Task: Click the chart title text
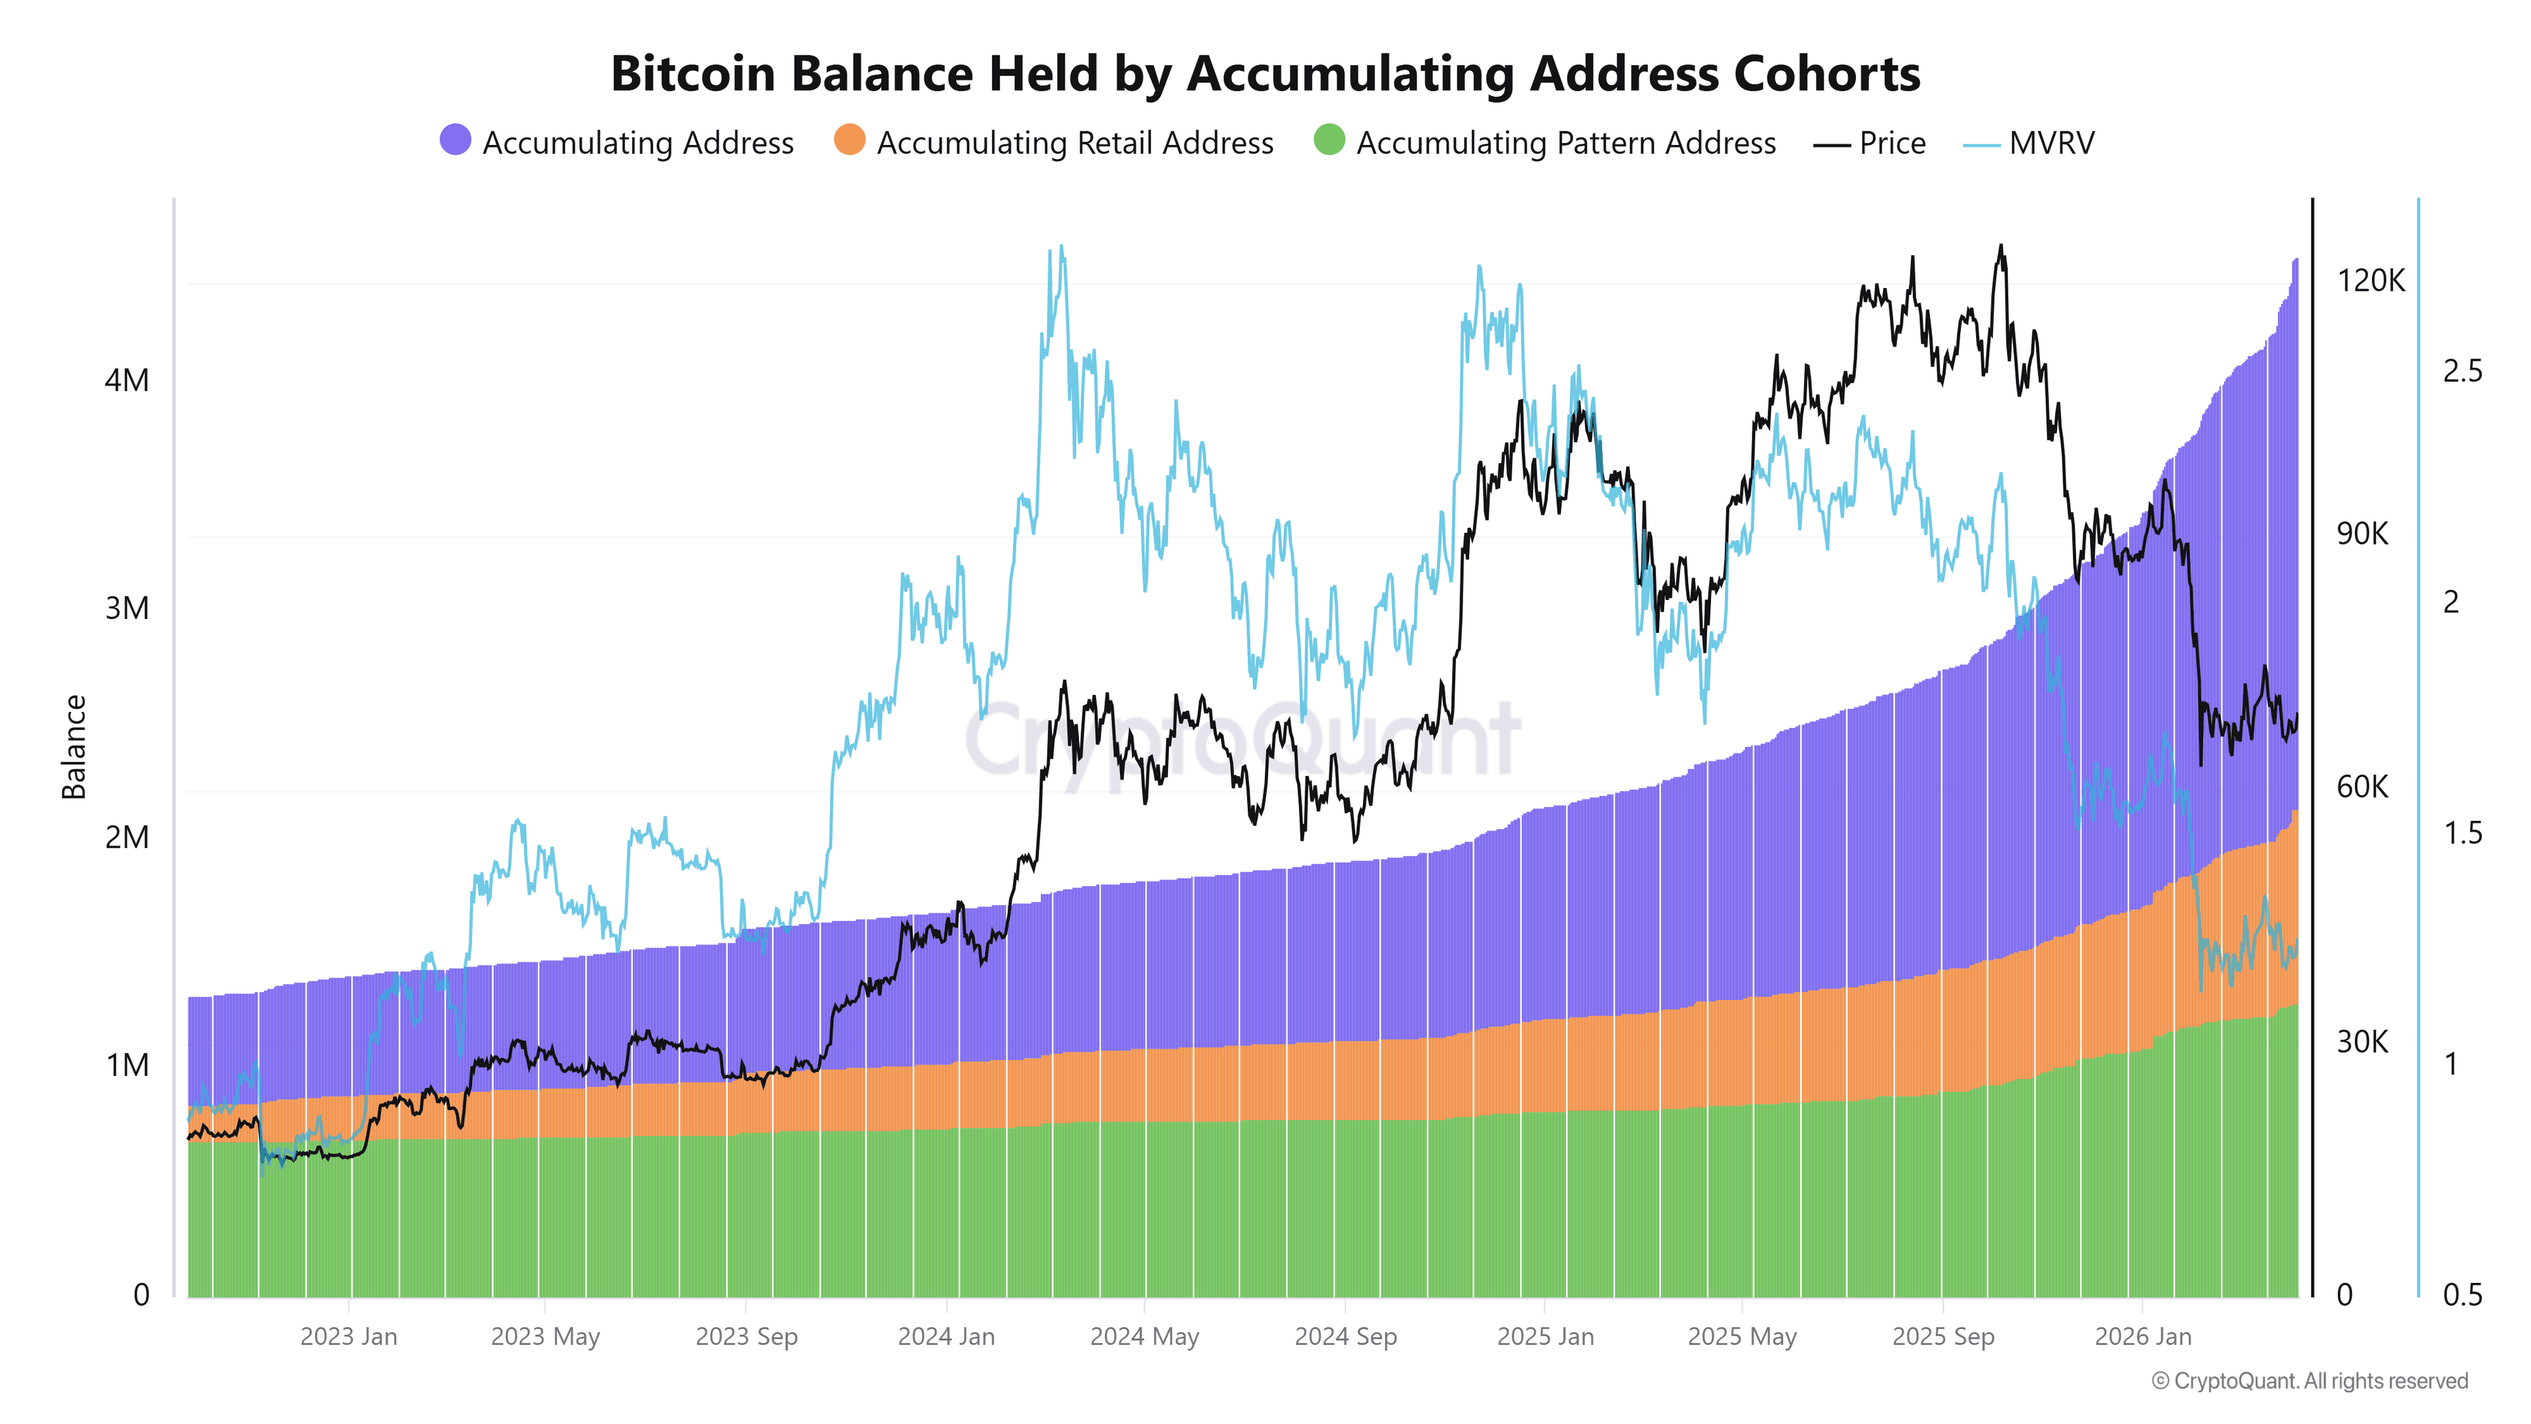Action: (x=1265, y=74)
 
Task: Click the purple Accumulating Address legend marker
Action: (x=455, y=140)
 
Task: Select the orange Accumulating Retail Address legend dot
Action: (x=849, y=140)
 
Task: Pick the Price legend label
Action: (x=1892, y=144)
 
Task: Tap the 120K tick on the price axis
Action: (x=2370, y=281)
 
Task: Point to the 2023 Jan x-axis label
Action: (x=348, y=1336)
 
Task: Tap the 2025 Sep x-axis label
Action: (x=1942, y=1336)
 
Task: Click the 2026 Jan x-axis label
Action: (x=2142, y=1336)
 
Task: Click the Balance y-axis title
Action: (x=74, y=747)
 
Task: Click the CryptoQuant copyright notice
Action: (x=2309, y=1380)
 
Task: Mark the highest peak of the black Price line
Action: (x=2000, y=247)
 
